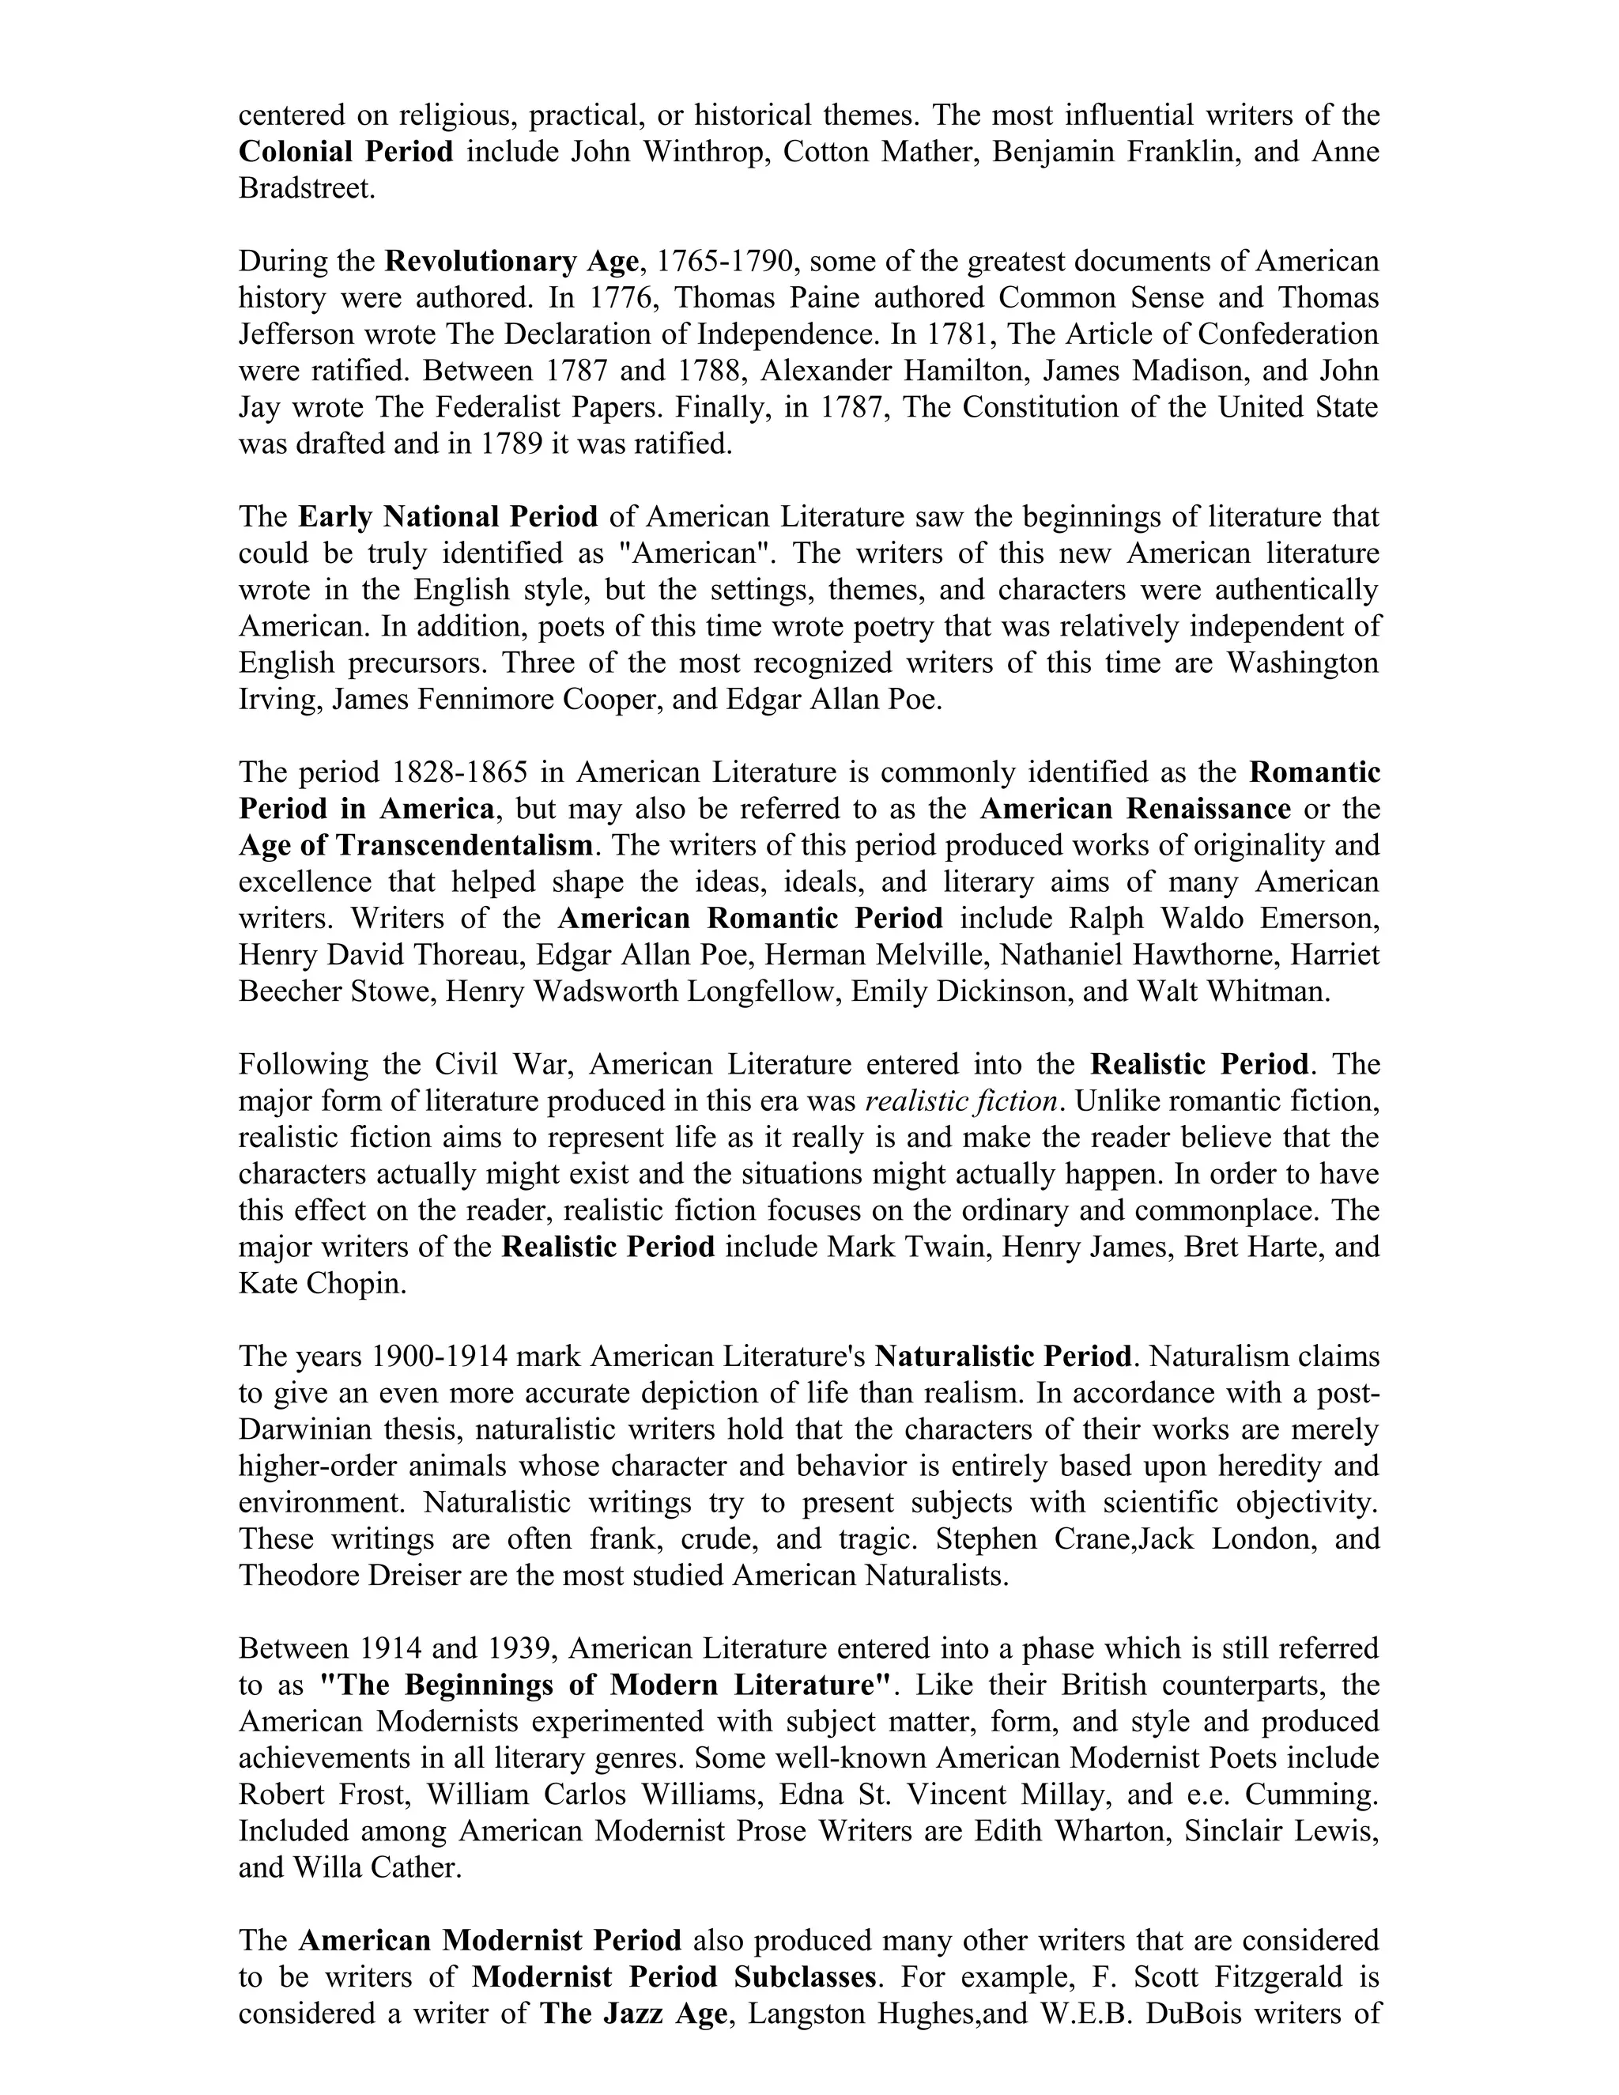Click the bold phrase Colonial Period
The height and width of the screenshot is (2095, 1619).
[x=345, y=152]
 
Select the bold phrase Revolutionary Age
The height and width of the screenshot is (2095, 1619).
[x=511, y=261]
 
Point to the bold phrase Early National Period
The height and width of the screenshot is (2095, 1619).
[x=448, y=517]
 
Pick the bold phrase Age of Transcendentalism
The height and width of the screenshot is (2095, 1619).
[x=415, y=845]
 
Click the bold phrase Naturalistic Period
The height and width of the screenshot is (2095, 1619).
[x=1003, y=1357]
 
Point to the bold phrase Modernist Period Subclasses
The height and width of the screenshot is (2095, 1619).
[x=674, y=1977]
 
